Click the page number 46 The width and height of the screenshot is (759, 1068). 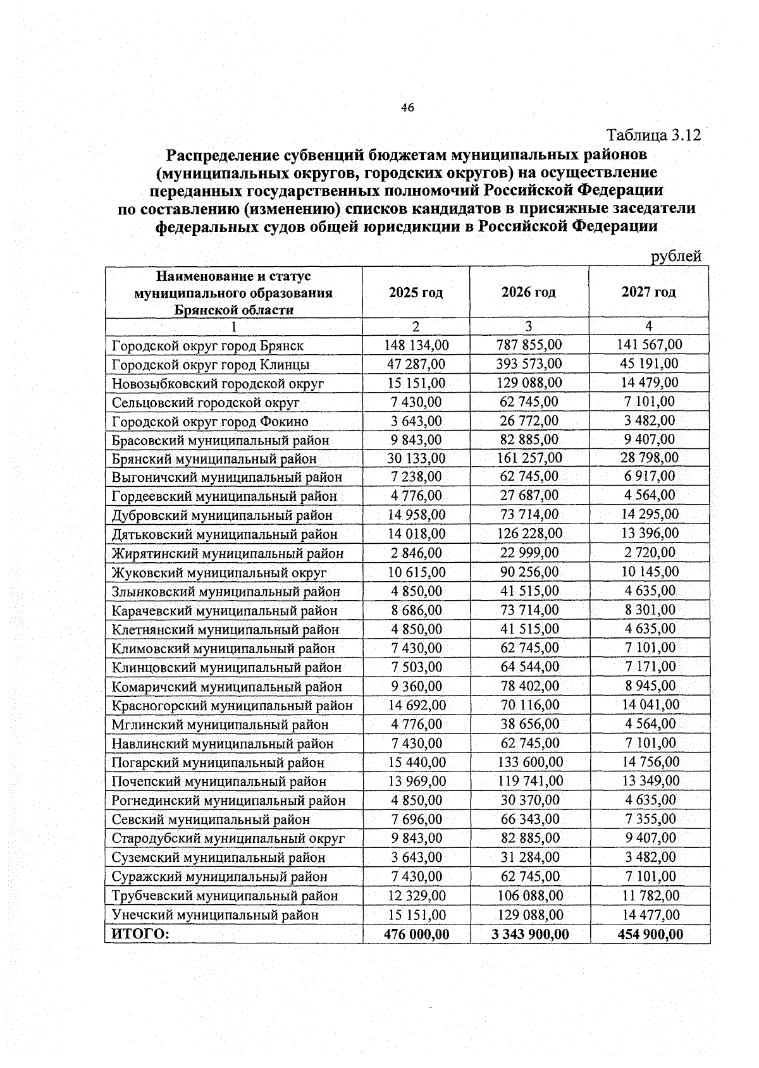(x=407, y=108)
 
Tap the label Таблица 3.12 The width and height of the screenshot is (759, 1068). (x=653, y=135)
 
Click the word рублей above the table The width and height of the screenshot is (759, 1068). (x=676, y=256)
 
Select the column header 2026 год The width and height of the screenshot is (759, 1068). (x=529, y=292)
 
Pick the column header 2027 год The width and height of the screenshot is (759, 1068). (x=648, y=292)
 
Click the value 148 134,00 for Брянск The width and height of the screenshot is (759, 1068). (x=416, y=345)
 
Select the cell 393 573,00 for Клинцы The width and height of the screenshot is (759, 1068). (x=529, y=364)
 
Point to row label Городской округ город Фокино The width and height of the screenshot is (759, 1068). (x=210, y=422)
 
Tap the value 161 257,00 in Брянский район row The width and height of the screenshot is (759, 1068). (x=529, y=458)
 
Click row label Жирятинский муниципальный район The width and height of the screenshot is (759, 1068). (x=228, y=554)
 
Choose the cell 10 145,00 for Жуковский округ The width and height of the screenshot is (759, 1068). (x=650, y=572)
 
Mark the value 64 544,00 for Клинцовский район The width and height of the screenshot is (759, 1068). (x=529, y=666)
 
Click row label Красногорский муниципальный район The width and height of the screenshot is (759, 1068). (x=232, y=706)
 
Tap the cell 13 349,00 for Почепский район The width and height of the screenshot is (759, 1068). (x=650, y=781)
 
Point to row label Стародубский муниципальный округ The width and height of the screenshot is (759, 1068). (x=228, y=838)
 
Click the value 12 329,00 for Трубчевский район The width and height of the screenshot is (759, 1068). (x=416, y=895)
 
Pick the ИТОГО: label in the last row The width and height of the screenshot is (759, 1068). (x=140, y=934)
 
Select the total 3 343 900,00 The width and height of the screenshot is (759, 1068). (x=530, y=934)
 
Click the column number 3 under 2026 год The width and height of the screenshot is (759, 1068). (x=529, y=326)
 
